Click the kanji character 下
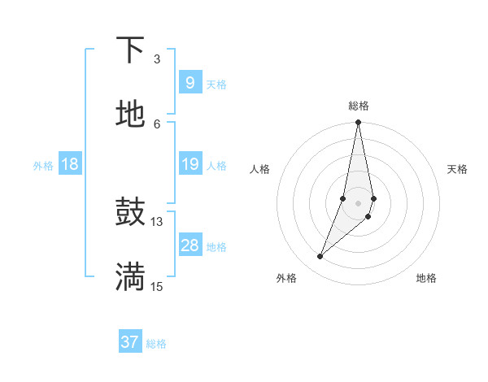(130, 50)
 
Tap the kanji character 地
(130, 115)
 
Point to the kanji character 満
(130, 277)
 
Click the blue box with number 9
(190, 82)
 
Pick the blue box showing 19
(190, 164)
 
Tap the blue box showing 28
(190, 245)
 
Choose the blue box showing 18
(70, 164)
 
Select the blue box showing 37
(130, 342)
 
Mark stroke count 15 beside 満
(156, 286)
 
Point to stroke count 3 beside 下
(156, 59)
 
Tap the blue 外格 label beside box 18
(43, 165)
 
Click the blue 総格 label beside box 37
(156, 343)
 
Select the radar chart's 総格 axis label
(359, 106)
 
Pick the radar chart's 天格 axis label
(457, 169)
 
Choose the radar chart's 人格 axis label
(260, 169)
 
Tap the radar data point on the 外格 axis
(320, 257)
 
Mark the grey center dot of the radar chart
(359, 203)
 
